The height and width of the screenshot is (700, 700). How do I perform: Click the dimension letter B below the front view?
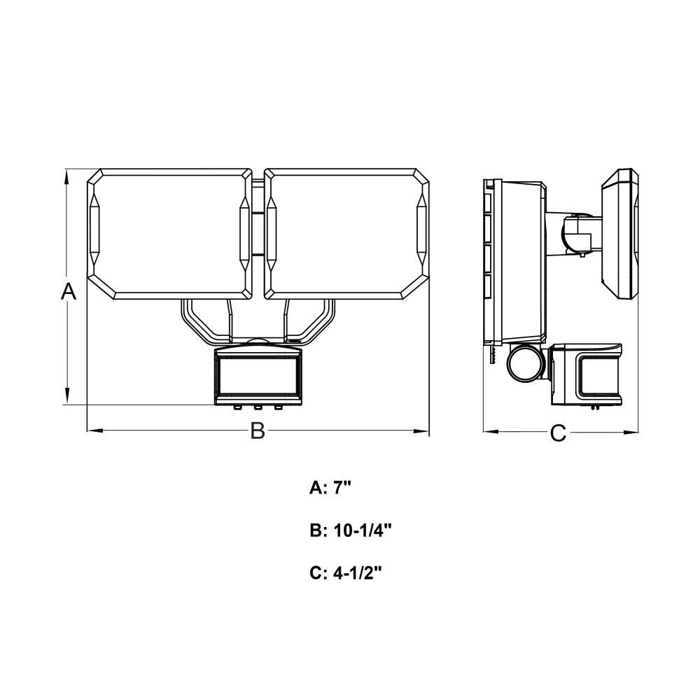(258, 430)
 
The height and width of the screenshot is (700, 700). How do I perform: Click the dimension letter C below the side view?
(558, 433)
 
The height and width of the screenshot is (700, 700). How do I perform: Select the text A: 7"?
(331, 489)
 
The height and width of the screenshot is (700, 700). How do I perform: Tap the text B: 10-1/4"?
(351, 531)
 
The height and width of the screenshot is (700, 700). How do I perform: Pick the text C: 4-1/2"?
(346, 573)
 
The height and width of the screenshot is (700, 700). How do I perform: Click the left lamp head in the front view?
(169, 234)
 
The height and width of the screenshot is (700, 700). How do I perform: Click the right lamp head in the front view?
(347, 234)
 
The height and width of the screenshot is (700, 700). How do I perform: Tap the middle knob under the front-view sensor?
(258, 407)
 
